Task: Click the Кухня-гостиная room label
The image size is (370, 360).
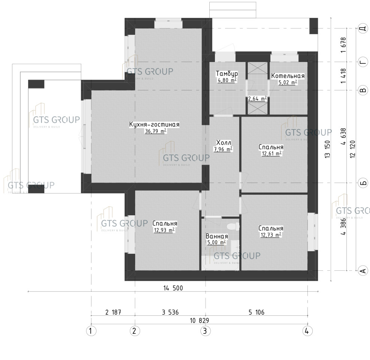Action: (x=154, y=124)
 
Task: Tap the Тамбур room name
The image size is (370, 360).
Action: (x=227, y=74)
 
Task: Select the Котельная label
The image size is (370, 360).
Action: (x=288, y=76)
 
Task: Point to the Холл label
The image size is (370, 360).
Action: (x=224, y=142)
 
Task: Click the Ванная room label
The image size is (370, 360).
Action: (x=216, y=236)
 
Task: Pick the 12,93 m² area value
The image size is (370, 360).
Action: (x=164, y=230)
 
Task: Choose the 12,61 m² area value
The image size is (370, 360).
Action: (x=272, y=153)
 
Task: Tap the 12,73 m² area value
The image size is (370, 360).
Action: (x=271, y=235)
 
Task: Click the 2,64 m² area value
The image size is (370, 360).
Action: (x=257, y=99)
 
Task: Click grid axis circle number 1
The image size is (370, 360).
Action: (x=91, y=331)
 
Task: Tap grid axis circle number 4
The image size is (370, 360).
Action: (x=307, y=331)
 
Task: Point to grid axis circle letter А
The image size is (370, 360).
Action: (x=363, y=270)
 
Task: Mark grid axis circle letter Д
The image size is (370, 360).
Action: (x=363, y=28)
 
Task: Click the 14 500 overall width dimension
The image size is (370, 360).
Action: (x=173, y=288)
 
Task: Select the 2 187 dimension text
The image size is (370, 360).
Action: (x=113, y=312)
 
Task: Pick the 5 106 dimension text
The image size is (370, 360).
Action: (x=257, y=312)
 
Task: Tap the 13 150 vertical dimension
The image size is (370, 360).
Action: (x=327, y=149)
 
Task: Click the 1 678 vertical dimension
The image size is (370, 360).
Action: (x=343, y=45)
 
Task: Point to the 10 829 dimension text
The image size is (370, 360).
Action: (x=199, y=321)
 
